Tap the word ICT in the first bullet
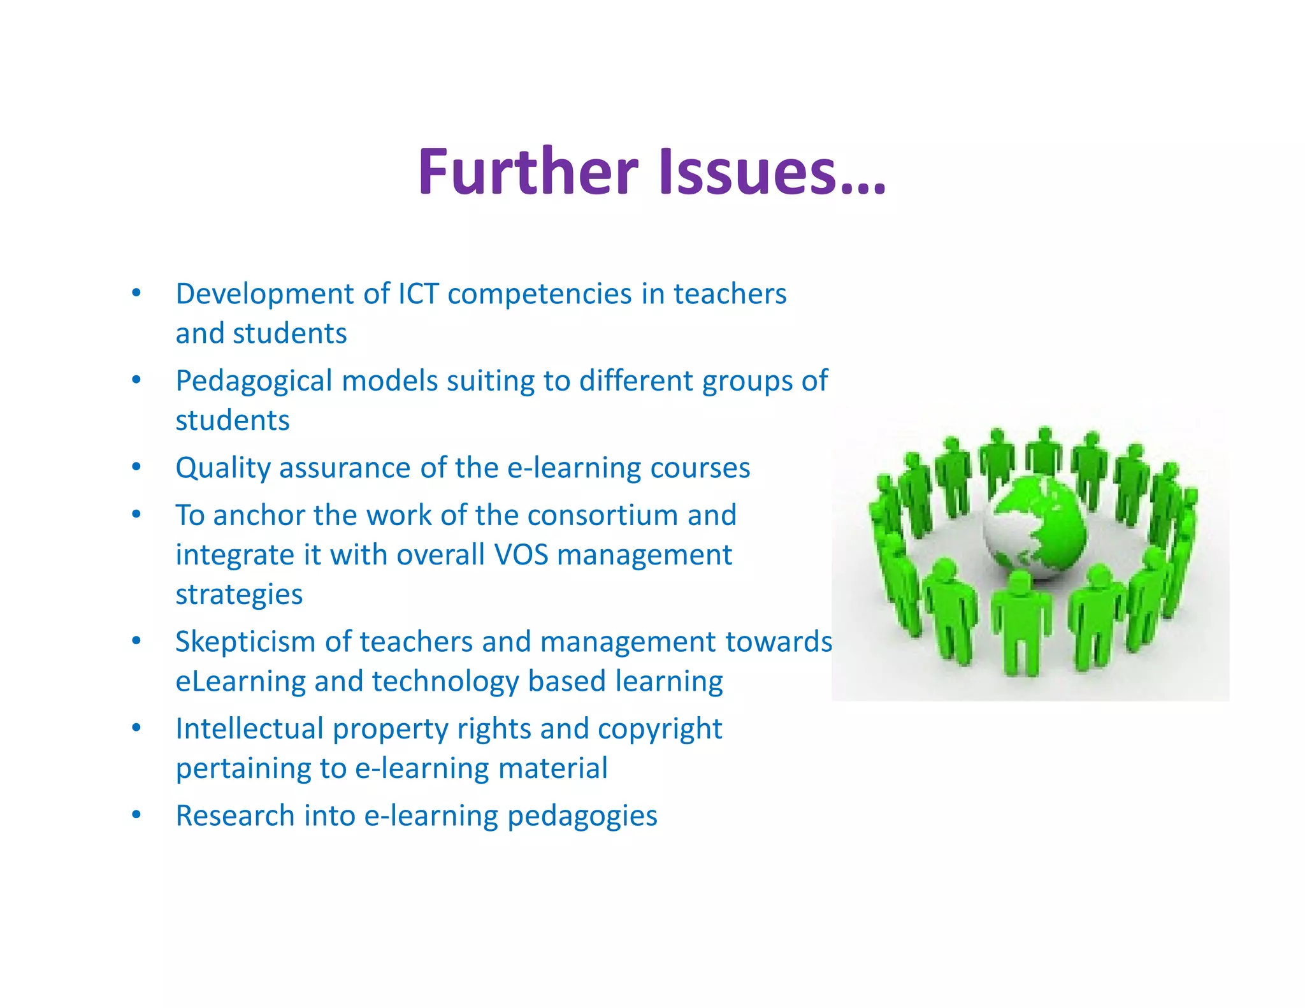pyautogui.click(x=419, y=294)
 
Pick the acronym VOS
pyautogui.click(x=521, y=554)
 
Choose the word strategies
pyautogui.click(x=239, y=594)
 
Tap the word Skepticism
pyautogui.click(x=245, y=642)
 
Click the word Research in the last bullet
pyautogui.click(x=234, y=816)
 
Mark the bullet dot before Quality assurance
pyautogui.click(x=136, y=467)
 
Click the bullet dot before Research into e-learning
pyautogui.click(x=136, y=815)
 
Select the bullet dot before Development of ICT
pyautogui.click(x=136, y=293)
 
